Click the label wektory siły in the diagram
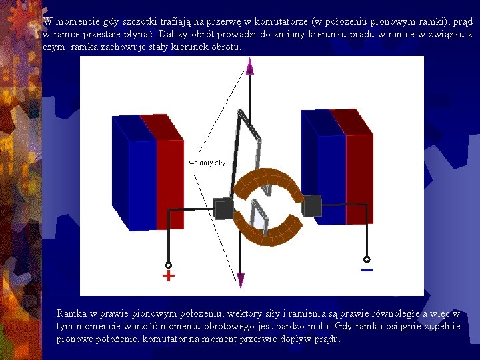(207, 163)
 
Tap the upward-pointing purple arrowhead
(249, 65)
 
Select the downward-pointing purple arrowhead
(241, 281)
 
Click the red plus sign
(169, 275)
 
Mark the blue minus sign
(367, 271)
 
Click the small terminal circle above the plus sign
(169, 264)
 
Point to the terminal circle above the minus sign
(366, 259)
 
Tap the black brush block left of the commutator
(224, 209)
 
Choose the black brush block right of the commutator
(311, 205)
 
